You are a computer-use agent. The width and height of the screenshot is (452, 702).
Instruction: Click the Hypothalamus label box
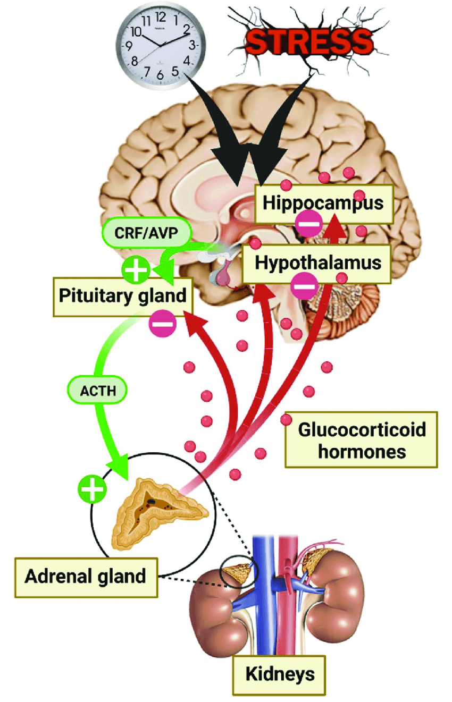(318, 263)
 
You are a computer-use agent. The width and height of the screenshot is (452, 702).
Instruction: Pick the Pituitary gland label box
(122, 295)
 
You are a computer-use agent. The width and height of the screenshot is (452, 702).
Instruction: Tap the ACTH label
(98, 391)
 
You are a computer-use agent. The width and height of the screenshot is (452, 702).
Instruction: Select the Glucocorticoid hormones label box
(362, 439)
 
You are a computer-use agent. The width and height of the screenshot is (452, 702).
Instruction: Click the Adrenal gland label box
(86, 576)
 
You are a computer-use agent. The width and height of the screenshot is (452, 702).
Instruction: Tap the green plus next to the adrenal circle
(92, 489)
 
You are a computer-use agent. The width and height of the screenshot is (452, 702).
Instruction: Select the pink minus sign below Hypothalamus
(304, 287)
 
